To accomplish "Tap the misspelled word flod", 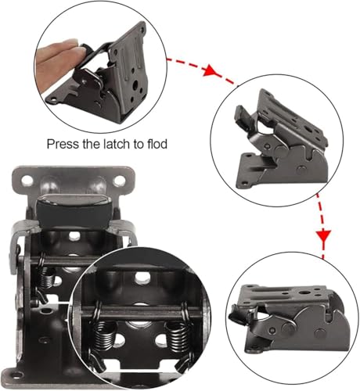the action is click(x=157, y=144).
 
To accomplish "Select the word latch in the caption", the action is click(x=118, y=144).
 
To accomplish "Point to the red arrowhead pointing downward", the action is click(x=324, y=236).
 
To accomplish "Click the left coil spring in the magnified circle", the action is click(x=104, y=336).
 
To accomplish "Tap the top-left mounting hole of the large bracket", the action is click(x=27, y=180).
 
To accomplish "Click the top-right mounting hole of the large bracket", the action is click(x=119, y=180).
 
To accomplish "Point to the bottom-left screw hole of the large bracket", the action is click(x=16, y=375).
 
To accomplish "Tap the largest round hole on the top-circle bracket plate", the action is click(x=135, y=84).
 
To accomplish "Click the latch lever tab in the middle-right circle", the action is click(x=243, y=115).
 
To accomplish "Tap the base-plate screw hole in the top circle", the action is click(x=53, y=99).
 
